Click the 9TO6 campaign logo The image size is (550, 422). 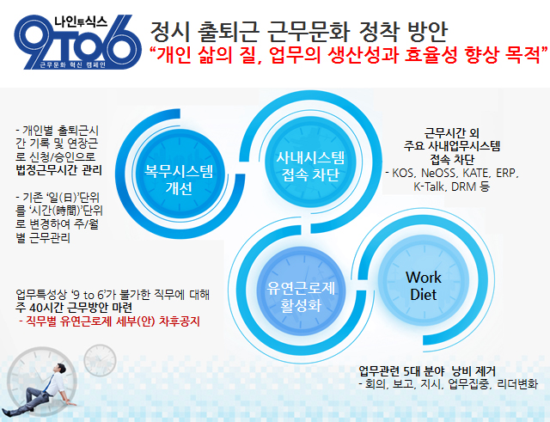(77, 42)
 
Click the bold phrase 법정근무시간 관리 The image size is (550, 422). (59, 170)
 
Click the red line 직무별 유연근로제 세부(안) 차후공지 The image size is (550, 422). (109, 321)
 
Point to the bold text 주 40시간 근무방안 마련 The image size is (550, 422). (74, 308)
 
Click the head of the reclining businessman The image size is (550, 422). (61, 370)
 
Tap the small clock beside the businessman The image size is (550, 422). (100, 360)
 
